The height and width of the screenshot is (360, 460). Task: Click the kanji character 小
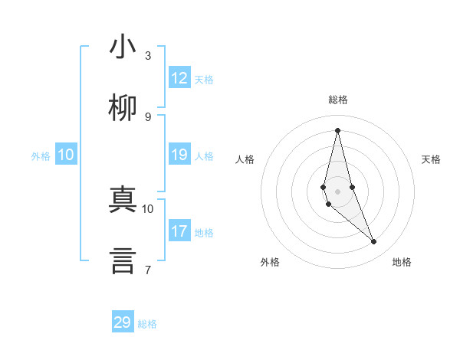click(x=123, y=47)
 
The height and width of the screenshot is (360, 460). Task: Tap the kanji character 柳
click(x=123, y=108)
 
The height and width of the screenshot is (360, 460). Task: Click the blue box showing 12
click(x=179, y=78)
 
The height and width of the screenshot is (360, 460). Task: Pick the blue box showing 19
click(x=179, y=155)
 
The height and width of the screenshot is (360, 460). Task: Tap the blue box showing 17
click(x=179, y=231)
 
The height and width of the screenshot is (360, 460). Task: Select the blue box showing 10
click(x=66, y=155)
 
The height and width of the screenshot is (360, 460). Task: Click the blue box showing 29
click(x=123, y=322)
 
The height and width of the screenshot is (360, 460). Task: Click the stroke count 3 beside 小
click(x=148, y=55)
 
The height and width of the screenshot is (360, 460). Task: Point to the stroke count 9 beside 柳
click(x=148, y=116)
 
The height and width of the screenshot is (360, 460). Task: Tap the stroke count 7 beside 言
click(x=148, y=270)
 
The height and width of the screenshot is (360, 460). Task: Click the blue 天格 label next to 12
click(x=204, y=80)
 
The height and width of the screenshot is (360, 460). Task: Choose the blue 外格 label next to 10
click(x=41, y=156)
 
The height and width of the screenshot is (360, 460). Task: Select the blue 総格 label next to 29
click(x=147, y=324)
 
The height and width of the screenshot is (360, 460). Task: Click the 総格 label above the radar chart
click(x=338, y=100)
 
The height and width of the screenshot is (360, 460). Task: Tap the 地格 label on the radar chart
click(x=402, y=262)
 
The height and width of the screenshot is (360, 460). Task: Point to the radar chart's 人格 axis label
click(x=245, y=159)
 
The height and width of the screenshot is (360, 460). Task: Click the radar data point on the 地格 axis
click(x=374, y=242)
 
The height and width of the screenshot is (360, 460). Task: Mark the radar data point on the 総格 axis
click(x=337, y=129)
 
